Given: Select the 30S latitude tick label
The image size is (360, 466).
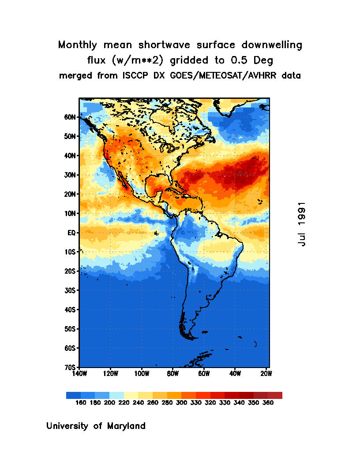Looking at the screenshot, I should (x=71, y=290).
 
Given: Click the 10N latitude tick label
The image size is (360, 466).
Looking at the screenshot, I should (x=71, y=213).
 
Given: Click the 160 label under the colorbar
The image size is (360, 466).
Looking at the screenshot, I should (x=81, y=402).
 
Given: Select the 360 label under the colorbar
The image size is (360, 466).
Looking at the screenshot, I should (x=268, y=402).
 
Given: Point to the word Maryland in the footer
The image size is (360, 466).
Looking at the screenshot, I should (x=126, y=426).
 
